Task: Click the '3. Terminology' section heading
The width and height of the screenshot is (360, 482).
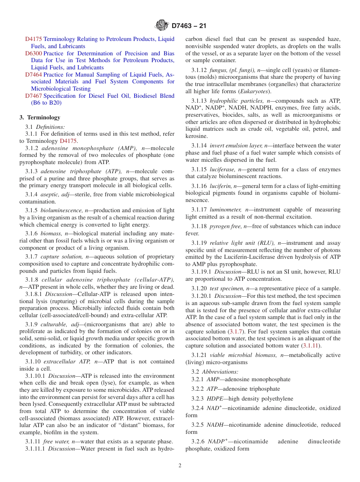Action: coord(40,117)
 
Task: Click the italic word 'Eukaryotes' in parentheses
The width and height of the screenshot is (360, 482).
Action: coord(255,91)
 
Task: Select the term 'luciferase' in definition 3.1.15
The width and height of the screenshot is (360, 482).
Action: coord(222,169)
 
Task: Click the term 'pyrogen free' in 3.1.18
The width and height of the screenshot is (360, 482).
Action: coord(226,226)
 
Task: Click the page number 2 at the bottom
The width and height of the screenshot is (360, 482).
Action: coord(180,466)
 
